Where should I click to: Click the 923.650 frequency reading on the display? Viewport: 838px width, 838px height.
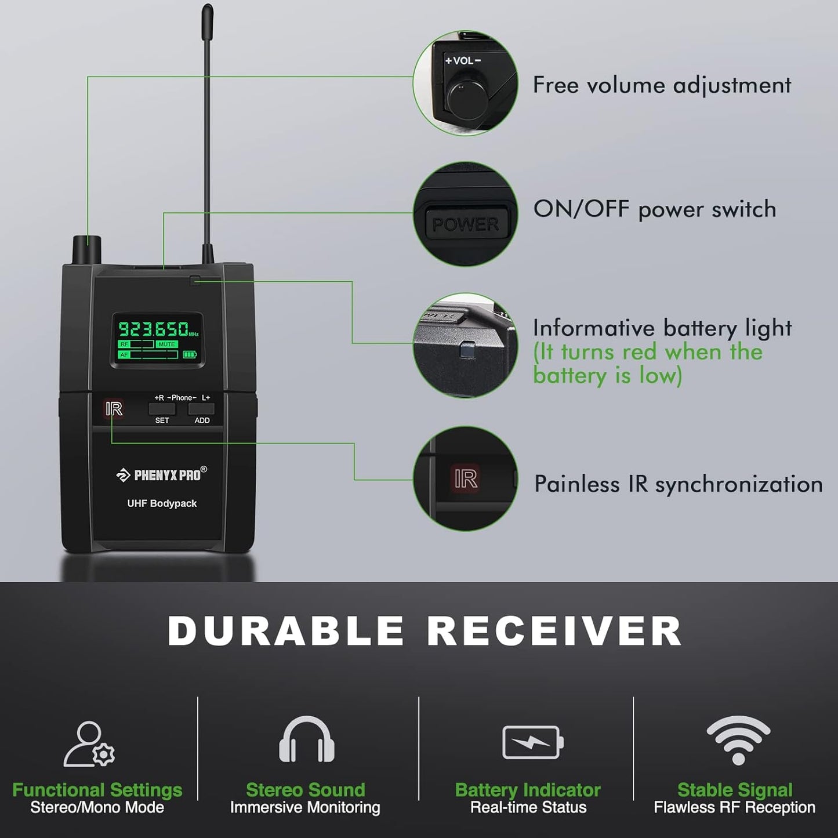click(154, 329)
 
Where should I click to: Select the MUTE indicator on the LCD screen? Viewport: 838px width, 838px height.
click(166, 344)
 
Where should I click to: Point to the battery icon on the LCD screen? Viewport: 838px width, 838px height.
click(190, 354)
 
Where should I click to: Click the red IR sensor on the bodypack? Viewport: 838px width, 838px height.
click(114, 409)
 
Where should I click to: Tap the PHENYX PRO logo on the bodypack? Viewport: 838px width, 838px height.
click(162, 475)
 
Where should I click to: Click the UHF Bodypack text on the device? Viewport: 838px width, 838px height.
click(162, 503)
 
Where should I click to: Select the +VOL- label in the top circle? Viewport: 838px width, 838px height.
click(463, 60)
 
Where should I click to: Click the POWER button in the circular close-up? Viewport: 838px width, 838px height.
click(465, 224)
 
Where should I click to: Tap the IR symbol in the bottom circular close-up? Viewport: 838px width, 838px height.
click(466, 479)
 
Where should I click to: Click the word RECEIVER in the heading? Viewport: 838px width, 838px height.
click(554, 630)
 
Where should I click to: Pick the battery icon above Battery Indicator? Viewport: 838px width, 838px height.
click(532, 742)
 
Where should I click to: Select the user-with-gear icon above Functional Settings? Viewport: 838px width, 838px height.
click(90, 743)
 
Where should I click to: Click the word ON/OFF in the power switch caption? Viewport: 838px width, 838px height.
click(581, 209)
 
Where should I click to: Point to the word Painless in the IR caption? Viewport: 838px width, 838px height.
click(576, 484)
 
